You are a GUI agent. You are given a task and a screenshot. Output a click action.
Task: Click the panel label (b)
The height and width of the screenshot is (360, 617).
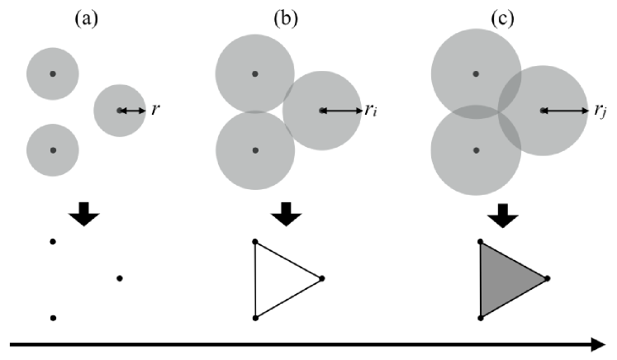[x=287, y=18]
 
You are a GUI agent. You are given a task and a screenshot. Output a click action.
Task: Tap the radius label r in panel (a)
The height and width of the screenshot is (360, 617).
[x=154, y=109]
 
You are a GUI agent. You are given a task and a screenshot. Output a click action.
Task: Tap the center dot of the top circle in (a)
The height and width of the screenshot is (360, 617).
[x=53, y=73]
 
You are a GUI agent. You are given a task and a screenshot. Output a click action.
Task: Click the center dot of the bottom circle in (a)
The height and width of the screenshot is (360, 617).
[x=53, y=150]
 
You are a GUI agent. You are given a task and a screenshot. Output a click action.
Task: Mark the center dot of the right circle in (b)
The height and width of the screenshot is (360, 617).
[x=322, y=110]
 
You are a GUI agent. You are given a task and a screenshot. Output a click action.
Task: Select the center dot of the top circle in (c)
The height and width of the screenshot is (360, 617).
[x=476, y=73]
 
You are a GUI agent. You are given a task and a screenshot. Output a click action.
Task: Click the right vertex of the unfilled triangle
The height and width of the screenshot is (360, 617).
[x=322, y=279]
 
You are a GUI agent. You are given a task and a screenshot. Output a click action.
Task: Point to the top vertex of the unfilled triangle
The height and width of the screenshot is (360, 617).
[x=255, y=241]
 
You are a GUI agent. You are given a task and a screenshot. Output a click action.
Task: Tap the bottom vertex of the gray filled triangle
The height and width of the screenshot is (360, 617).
[x=481, y=317]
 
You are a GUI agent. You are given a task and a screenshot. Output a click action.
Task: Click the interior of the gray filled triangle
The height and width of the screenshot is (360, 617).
[x=504, y=279]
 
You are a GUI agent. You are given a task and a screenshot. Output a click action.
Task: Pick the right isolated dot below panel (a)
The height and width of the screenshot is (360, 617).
[x=120, y=278]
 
